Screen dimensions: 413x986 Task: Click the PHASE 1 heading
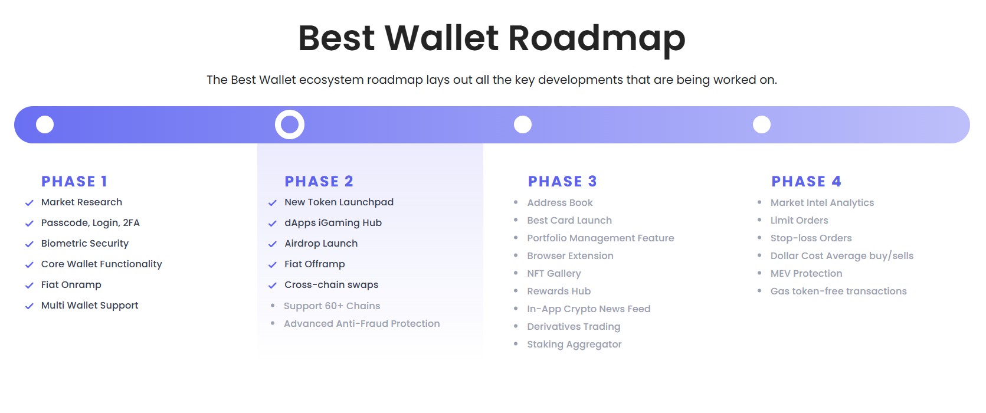pos(74,181)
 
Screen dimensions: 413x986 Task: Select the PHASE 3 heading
pos(562,181)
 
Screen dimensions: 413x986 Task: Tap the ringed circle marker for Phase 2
pos(290,124)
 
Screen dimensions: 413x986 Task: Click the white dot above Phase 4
pos(762,124)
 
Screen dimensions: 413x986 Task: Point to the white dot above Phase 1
pos(45,124)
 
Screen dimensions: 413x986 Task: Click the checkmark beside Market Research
pos(29,203)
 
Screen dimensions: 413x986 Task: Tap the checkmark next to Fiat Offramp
pos(273,265)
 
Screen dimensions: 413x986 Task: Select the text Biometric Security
pos(85,243)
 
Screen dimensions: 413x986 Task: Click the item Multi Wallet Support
pos(90,305)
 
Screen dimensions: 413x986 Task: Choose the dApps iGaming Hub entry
pos(333,222)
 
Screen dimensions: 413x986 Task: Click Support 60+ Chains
pos(332,306)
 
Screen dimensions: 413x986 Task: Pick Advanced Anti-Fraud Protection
pos(362,323)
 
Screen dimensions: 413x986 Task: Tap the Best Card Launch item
pos(569,220)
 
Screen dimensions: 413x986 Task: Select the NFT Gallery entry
pos(554,273)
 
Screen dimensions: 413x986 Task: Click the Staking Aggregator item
pos(574,344)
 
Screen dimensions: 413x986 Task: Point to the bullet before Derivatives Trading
pos(516,326)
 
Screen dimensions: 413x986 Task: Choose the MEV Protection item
pos(806,273)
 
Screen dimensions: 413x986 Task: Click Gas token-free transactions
pos(838,291)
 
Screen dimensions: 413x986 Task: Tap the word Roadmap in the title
pos(597,38)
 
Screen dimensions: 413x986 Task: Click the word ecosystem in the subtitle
pos(331,80)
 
